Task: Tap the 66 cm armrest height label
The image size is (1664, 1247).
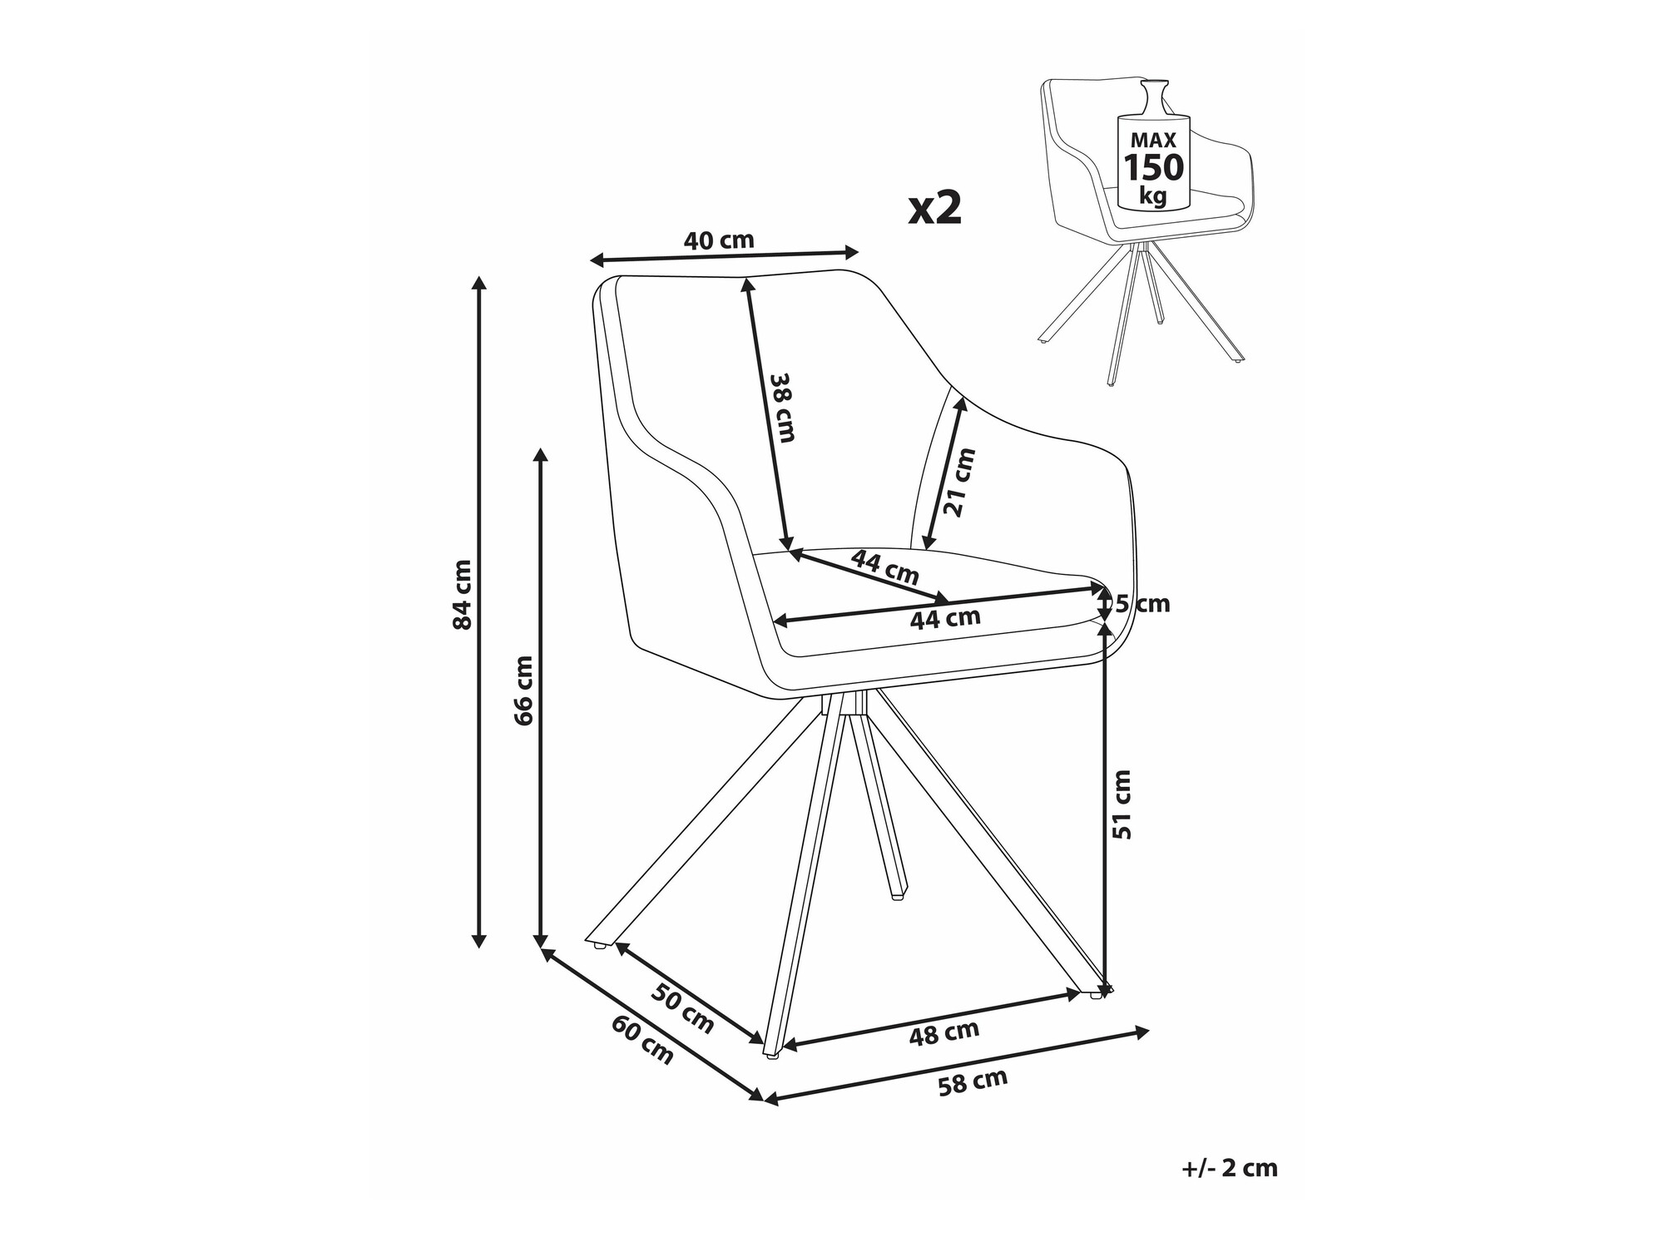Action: (523, 690)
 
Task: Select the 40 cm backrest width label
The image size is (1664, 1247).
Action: (718, 241)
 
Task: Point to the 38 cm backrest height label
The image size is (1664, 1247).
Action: (783, 407)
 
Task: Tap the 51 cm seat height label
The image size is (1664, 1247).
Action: (1122, 804)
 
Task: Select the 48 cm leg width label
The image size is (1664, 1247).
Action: (944, 1032)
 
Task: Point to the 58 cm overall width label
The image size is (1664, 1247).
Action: (973, 1082)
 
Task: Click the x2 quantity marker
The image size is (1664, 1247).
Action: (935, 208)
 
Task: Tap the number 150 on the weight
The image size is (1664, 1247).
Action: (1153, 168)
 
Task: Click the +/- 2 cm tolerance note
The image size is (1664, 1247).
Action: (1229, 1168)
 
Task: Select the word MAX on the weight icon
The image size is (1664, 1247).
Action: (1152, 140)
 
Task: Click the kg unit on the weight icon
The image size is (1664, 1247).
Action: (1153, 196)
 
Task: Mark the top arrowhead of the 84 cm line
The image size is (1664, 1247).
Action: (478, 281)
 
